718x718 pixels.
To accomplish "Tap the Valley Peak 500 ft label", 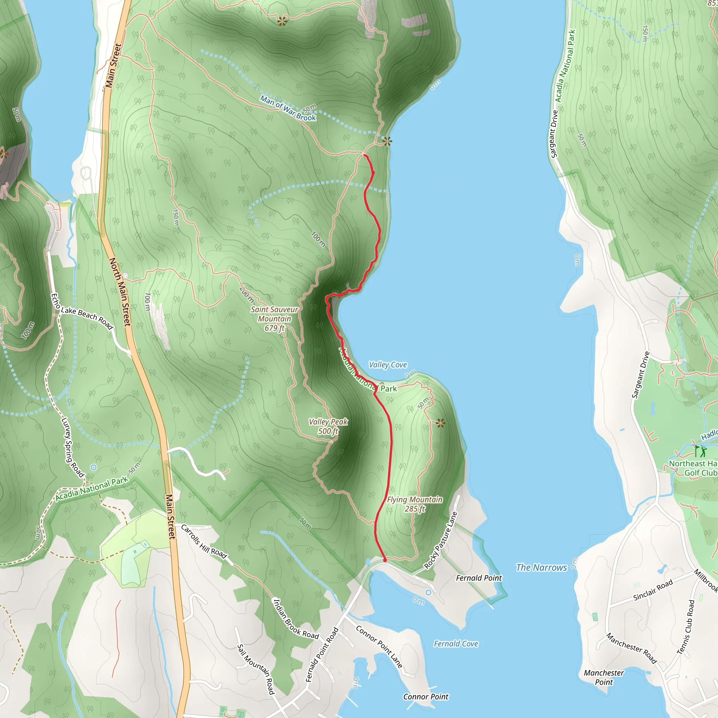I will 328,426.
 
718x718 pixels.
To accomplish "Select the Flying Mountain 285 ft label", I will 415,504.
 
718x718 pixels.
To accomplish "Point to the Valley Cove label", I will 388,365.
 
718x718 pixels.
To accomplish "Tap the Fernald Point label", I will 479,578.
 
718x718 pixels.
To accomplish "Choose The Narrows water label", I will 541,568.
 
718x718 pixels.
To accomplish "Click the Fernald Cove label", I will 456,644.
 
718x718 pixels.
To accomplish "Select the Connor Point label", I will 426,697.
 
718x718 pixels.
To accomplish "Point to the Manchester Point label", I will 604,677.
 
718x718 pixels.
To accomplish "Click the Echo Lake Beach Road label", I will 82,312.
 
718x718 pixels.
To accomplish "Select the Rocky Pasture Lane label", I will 440,541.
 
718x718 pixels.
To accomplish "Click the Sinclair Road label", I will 653,590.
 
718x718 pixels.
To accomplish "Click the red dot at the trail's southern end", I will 385,560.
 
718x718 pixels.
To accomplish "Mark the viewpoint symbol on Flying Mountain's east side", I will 441,423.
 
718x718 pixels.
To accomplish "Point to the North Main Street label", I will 120,292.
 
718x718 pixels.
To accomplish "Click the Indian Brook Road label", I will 296,619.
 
